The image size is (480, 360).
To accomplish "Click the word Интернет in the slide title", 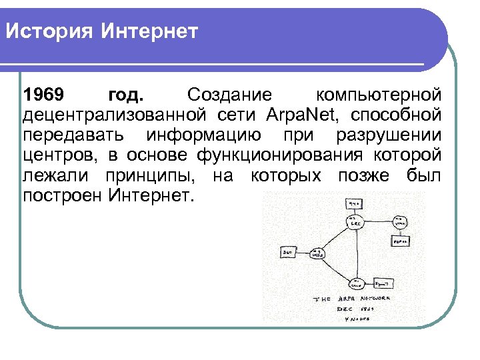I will pos(150,31).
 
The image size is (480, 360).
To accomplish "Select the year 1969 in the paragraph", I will pos(44,93).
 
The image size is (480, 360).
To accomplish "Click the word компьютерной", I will pos(379,93).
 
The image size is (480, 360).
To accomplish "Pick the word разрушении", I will pos(389,135).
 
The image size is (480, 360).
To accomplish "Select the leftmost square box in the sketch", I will pos(288,253).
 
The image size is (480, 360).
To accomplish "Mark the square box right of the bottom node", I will pos(383,282).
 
